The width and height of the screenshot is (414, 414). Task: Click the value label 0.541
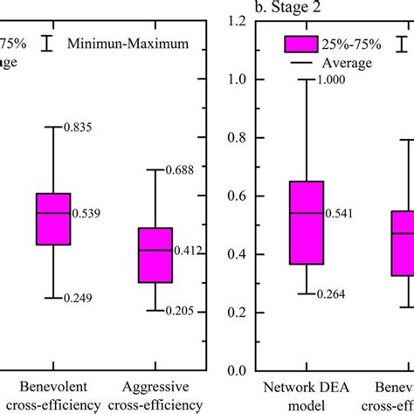340,212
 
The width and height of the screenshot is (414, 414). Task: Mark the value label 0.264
338,293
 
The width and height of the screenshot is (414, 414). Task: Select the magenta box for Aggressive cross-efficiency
155,255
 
